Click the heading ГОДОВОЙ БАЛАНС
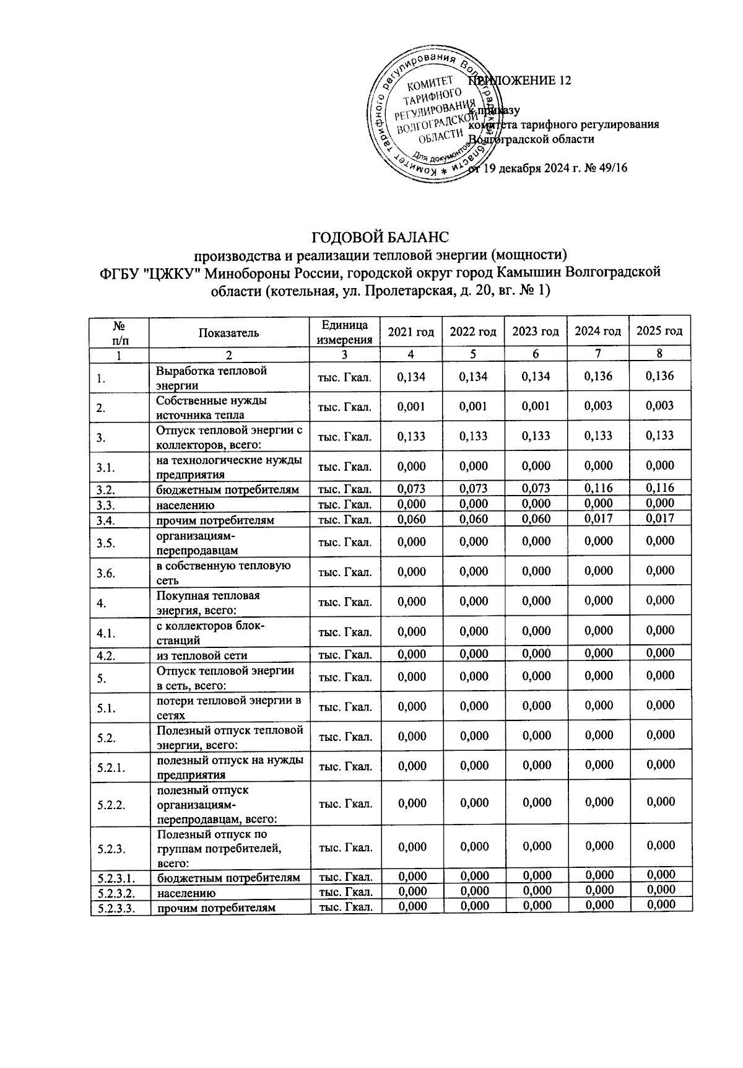[378, 238]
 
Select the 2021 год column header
[411, 332]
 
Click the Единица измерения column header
[345, 333]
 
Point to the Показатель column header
[228, 333]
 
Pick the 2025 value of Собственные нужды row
[659, 406]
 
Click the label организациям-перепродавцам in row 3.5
[196, 543]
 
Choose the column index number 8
[659, 354]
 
